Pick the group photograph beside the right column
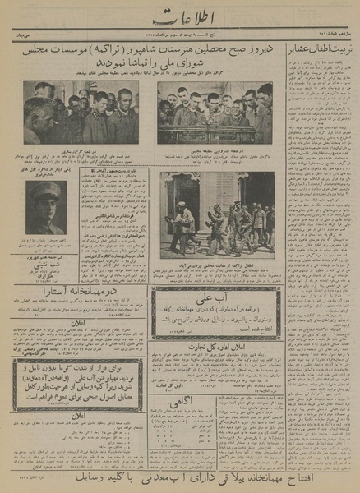coord(215,112)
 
